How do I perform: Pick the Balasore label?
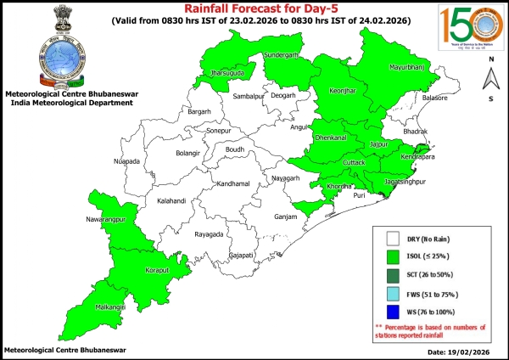click(434, 98)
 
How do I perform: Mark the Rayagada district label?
click(209, 233)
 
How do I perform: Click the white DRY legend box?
click(392, 239)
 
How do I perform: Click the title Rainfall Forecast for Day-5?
click(253, 8)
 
